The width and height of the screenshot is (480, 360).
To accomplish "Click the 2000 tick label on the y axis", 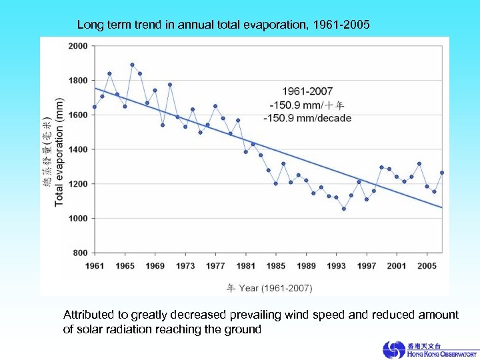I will (x=77, y=46).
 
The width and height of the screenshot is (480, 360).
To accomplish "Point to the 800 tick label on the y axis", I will (x=79, y=253).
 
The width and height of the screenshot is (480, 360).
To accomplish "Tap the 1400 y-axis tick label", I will (x=77, y=149).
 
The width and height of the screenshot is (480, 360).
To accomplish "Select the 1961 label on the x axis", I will (x=95, y=266).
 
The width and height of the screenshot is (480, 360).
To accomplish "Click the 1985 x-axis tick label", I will (x=276, y=266).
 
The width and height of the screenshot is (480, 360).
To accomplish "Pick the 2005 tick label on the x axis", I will (x=427, y=266).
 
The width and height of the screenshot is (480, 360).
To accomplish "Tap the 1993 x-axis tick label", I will (x=336, y=266).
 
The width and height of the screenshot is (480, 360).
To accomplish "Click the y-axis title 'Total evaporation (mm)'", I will (x=59, y=153).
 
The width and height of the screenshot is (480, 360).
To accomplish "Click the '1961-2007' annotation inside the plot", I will (x=307, y=91).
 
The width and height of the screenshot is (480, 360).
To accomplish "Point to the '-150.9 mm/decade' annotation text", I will (x=307, y=118).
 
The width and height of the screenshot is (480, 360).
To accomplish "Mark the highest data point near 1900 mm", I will (x=132, y=65).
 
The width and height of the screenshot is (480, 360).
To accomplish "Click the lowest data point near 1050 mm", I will (x=344, y=209).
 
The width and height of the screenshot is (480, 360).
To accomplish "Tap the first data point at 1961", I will (x=95, y=107).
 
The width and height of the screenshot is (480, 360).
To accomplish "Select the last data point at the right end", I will (x=441, y=173).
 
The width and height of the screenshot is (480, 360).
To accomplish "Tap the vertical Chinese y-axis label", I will (x=46, y=153).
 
